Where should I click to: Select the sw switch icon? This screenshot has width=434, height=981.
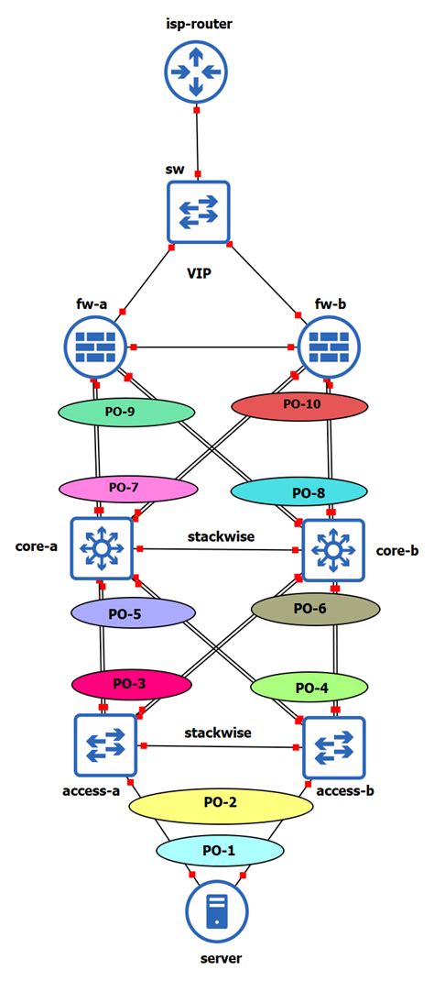198,213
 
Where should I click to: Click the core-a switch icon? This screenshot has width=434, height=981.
102,548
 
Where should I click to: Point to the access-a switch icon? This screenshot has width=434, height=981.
104,745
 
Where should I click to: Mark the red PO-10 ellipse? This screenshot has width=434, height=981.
300,403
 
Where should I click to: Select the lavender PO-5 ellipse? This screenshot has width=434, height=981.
133,613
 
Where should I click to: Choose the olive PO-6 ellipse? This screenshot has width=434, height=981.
315,607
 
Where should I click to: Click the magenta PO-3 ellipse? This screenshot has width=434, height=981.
132,684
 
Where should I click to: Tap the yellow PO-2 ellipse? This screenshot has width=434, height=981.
220,803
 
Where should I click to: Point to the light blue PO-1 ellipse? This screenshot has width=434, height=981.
217,851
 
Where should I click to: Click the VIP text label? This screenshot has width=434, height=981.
199,272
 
